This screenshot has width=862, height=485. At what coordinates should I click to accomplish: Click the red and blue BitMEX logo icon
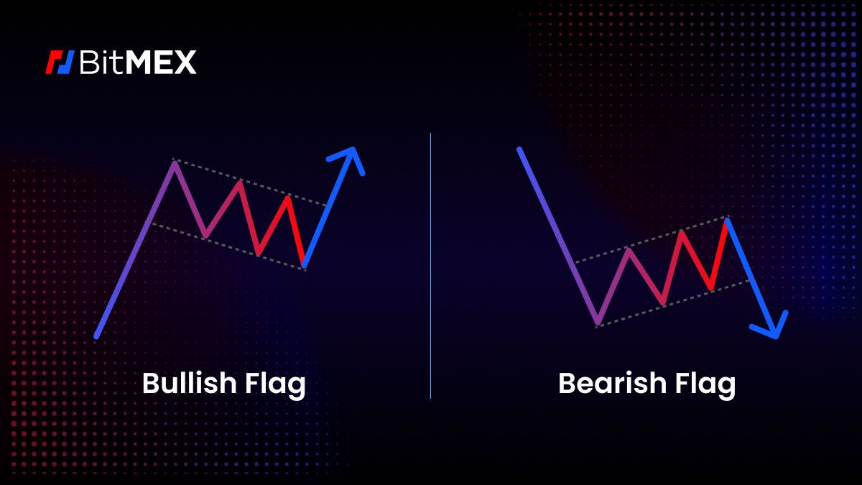(60, 63)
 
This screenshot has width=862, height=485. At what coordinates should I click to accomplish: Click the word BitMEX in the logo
(136, 63)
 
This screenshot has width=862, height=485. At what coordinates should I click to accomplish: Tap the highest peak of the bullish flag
(174, 163)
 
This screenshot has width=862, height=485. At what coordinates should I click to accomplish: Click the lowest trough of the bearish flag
(598, 323)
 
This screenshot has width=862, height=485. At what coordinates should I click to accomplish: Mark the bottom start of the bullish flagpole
(96, 336)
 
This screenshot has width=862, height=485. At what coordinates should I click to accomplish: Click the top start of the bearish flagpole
(519, 150)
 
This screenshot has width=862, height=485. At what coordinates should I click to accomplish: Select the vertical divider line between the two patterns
(431, 266)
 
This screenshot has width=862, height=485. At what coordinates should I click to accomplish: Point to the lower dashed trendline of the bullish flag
(230, 246)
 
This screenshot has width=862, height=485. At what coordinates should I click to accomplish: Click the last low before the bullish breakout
(304, 265)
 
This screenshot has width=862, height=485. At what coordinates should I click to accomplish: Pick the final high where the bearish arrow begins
(728, 219)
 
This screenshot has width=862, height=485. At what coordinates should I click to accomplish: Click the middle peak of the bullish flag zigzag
(238, 183)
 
